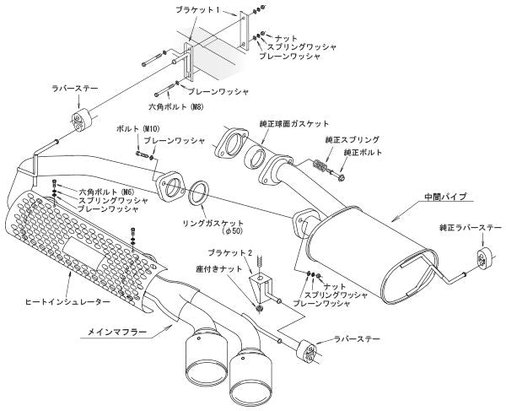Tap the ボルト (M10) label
134,129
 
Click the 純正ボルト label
363,151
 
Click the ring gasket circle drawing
199,192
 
